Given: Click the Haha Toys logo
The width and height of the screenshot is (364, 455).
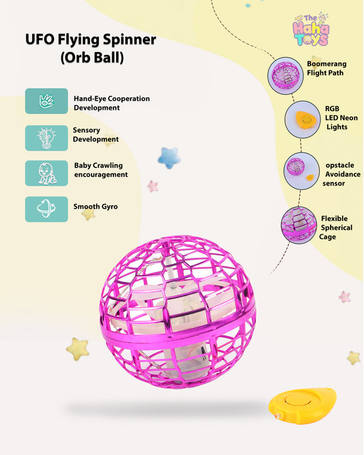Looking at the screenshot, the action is point(311,29).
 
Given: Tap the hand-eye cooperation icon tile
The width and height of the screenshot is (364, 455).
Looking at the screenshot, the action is point(47,101).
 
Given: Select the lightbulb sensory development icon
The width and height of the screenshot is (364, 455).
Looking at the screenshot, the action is point(47,138).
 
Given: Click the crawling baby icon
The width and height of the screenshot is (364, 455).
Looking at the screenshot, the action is point(47,174).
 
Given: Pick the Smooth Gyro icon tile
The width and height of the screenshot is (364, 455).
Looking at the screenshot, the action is point(47,209).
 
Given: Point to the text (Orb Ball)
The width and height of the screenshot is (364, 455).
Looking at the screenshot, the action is point(92,58).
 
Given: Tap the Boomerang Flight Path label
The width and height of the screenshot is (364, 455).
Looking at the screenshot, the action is point(326,68).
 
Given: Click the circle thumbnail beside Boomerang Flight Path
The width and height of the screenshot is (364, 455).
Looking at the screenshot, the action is point(285,75).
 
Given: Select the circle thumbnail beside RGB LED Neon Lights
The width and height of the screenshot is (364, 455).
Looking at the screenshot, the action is point(303,120).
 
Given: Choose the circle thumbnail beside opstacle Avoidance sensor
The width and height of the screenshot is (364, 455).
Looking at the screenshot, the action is point(302,171).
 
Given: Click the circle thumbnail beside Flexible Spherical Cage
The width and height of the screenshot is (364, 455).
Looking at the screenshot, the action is point(298,225).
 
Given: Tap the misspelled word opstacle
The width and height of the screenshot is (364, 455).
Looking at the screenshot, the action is point(340,165).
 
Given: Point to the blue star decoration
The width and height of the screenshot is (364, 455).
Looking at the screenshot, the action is point(169,158).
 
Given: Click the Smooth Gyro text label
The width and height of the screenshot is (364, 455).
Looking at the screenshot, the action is point(95,207).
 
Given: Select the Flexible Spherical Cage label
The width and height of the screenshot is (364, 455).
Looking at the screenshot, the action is point(336,227).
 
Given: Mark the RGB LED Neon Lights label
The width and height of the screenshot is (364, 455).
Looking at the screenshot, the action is point(341,118).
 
